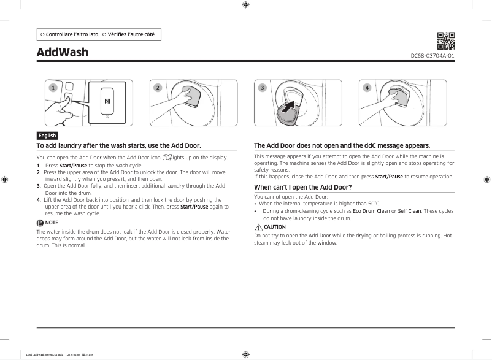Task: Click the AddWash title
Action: coord(62,52)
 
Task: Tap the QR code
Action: coord(446,40)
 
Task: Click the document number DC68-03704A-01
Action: coord(432,56)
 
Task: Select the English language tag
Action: coord(47,136)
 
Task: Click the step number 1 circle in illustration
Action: coord(53,88)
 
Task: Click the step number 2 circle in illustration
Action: coord(158,88)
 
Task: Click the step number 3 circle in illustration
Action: coord(263,88)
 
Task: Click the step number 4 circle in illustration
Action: coord(367,88)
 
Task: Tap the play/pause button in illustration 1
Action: coord(107,101)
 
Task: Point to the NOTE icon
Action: coord(40,223)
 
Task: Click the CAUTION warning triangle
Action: coord(258,227)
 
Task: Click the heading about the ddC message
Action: coord(342,145)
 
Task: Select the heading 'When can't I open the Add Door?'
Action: coord(302,187)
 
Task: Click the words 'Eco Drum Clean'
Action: coord(371,211)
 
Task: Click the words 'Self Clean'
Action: coord(409,211)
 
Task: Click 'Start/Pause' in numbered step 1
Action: coord(73,166)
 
